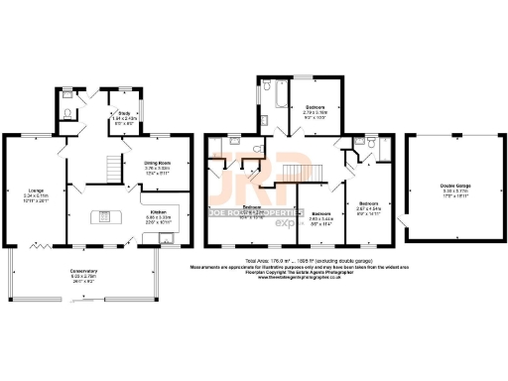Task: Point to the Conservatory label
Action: point(75,275)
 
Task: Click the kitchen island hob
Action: point(102,218)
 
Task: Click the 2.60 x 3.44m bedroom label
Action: point(320,220)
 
